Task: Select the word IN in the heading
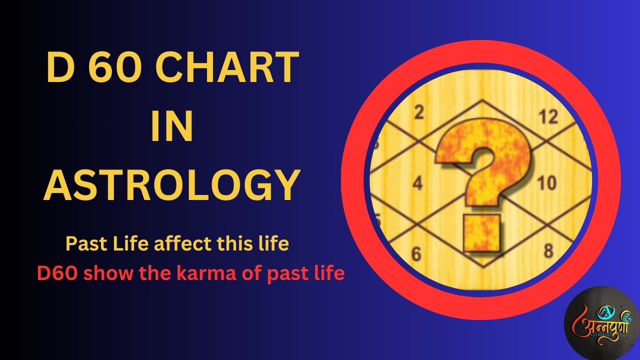(171, 127)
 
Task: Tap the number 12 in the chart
(547, 117)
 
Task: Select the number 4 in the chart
(417, 183)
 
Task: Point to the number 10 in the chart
(546, 183)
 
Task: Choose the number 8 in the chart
(548, 250)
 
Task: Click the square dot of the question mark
(481, 233)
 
